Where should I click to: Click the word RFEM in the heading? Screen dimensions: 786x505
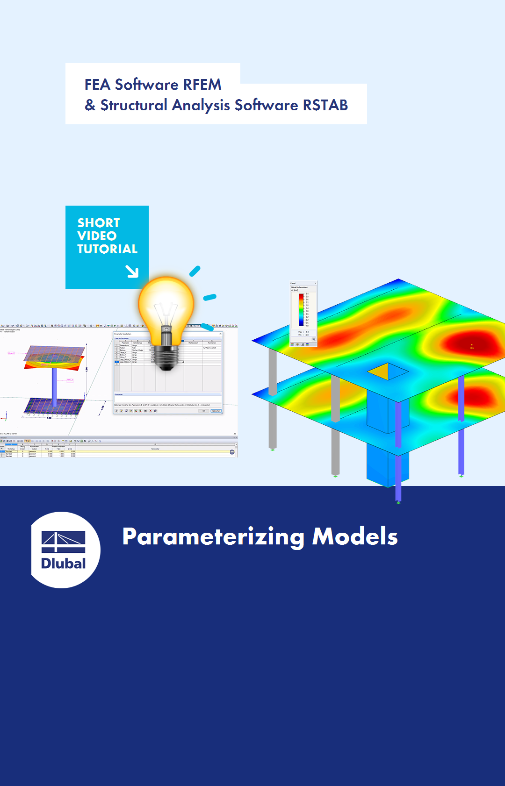point(202,85)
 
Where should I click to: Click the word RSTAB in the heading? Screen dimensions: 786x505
point(325,105)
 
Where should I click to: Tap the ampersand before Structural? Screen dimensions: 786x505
point(90,105)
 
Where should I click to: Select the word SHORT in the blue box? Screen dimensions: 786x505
point(99,223)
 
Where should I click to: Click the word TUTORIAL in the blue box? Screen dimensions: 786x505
point(107,249)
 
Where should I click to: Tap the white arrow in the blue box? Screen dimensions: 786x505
point(132,272)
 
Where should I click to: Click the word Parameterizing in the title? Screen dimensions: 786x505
point(213,536)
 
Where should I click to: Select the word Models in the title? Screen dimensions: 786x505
point(355,536)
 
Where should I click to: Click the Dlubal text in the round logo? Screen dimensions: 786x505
point(64,564)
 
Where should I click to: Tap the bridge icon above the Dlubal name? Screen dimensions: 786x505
point(64,541)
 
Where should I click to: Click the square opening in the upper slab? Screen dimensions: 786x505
point(388,372)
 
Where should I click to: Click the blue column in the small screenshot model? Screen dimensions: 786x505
point(54,386)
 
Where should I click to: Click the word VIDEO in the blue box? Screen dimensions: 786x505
point(97,236)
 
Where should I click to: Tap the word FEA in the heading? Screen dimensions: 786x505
point(97,85)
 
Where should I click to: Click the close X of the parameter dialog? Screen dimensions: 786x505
point(221,334)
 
